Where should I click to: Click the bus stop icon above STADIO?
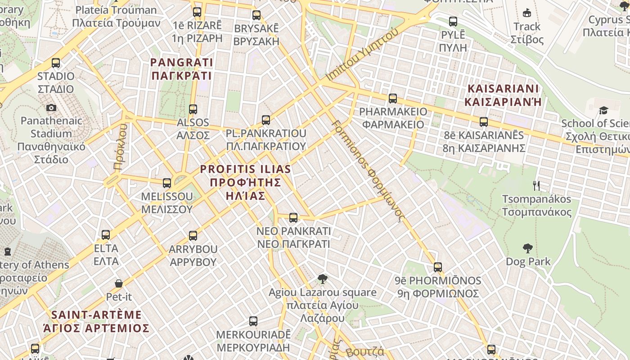click(56, 63)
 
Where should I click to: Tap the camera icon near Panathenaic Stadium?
click(51, 108)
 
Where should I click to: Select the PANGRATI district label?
click(181, 68)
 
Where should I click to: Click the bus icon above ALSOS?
click(193, 109)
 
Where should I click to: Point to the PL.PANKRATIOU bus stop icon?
click(266, 120)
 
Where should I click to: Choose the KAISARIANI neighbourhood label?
click(503, 95)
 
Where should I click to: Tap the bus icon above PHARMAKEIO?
click(393, 99)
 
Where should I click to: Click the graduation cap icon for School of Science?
click(603, 111)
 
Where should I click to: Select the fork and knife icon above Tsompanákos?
click(536, 186)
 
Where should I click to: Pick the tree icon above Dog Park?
click(528, 248)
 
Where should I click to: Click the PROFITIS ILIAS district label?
click(245, 182)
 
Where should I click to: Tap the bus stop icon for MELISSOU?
click(167, 183)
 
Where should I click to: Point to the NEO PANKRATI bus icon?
click(293, 218)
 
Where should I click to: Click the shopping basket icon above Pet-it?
click(119, 283)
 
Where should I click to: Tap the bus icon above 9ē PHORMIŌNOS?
click(438, 267)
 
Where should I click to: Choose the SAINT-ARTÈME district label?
click(96, 321)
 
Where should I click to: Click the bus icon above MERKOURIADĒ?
click(253, 321)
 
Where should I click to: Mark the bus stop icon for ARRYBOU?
click(193, 236)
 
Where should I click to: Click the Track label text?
click(527, 27)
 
